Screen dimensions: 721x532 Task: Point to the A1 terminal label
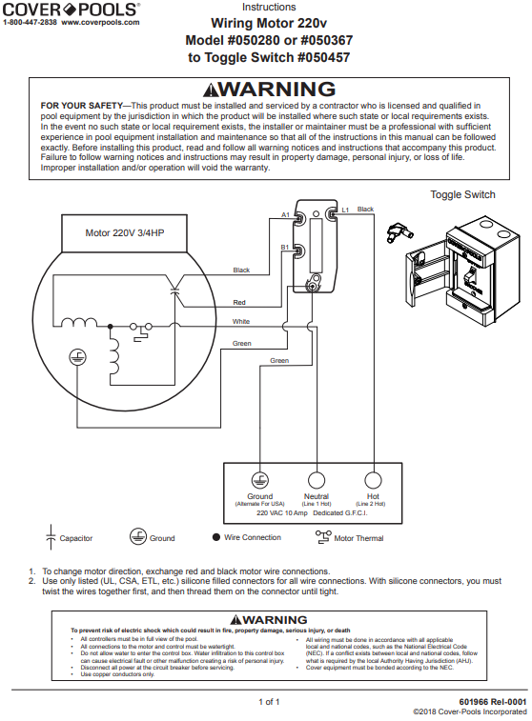pos(285,215)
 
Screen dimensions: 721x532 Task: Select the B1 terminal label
pos(285,247)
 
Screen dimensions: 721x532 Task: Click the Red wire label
pos(239,302)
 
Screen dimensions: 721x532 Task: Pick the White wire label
pos(241,321)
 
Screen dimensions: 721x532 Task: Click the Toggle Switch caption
pos(462,194)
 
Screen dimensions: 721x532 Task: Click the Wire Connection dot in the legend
pos(215,537)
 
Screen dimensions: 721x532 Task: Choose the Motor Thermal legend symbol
pos(321,537)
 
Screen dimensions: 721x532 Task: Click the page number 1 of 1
pos(268,702)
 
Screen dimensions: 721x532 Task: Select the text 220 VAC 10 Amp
pos(284,512)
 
